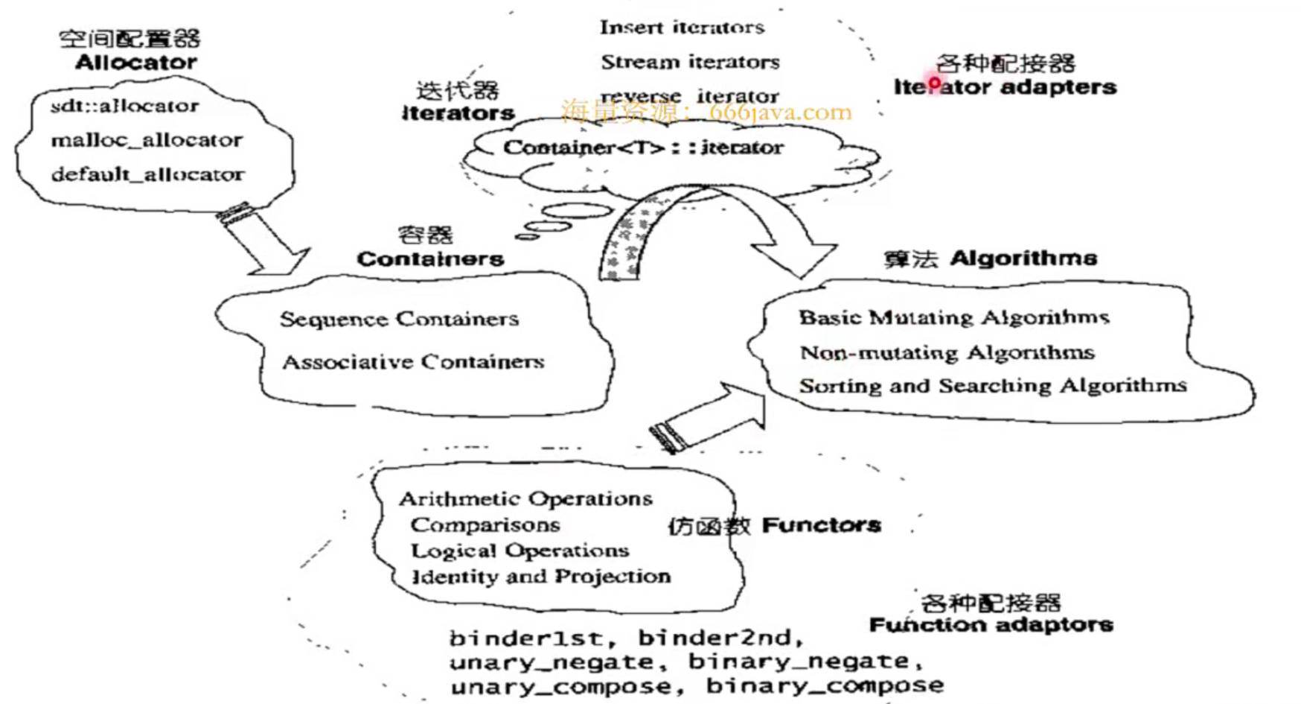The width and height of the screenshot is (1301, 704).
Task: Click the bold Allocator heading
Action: pyautogui.click(x=136, y=62)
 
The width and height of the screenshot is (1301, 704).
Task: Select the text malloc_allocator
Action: pyautogui.click(x=147, y=140)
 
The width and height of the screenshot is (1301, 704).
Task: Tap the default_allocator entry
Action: pyautogui.click(x=147, y=174)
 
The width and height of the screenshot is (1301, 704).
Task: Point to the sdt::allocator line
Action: pyautogui.click(x=124, y=106)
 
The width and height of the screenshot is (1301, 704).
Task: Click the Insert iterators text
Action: pyautogui.click(x=682, y=28)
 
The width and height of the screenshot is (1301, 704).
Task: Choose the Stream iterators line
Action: pyautogui.click(x=690, y=62)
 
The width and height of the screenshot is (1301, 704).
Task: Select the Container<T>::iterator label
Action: pyautogui.click(x=643, y=148)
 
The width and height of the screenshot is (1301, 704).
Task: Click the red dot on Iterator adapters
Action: pyautogui.click(x=934, y=83)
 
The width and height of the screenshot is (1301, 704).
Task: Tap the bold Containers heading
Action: pyautogui.click(x=430, y=259)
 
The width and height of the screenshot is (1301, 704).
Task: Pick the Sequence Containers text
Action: pyautogui.click(x=399, y=319)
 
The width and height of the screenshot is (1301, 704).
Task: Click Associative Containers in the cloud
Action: pyautogui.click(x=413, y=362)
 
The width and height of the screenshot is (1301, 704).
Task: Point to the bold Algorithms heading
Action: pyautogui.click(x=1023, y=259)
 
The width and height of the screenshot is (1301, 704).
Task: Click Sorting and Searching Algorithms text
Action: pyautogui.click(x=993, y=386)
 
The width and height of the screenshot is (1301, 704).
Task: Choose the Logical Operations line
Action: pyautogui.click(x=520, y=551)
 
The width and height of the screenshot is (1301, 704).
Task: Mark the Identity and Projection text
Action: pyautogui.click(x=541, y=577)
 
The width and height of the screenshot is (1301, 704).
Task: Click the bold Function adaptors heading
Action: pyautogui.click(x=991, y=624)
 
